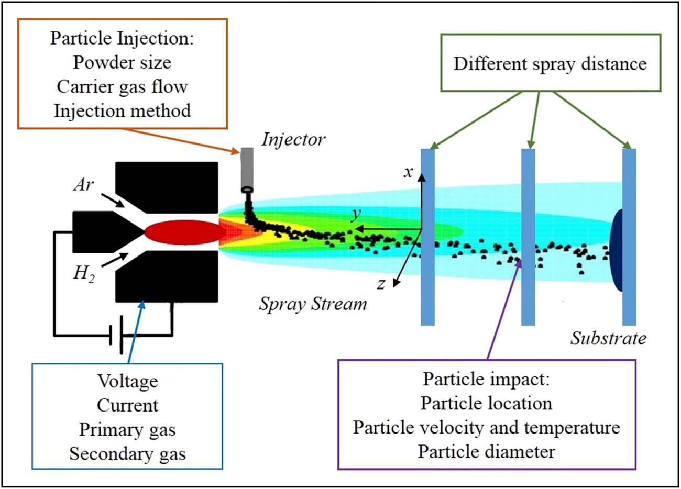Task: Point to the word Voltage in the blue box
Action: [127, 381]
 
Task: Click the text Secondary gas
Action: [127, 453]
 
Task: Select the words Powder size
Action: [122, 62]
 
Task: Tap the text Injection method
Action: [122, 110]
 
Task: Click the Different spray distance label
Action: [550, 64]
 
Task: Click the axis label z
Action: [381, 284]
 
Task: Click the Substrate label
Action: [608, 338]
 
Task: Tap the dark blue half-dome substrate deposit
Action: [617, 250]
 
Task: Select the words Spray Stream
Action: [313, 304]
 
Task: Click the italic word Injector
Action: [293, 139]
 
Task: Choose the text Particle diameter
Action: [486, 451]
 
